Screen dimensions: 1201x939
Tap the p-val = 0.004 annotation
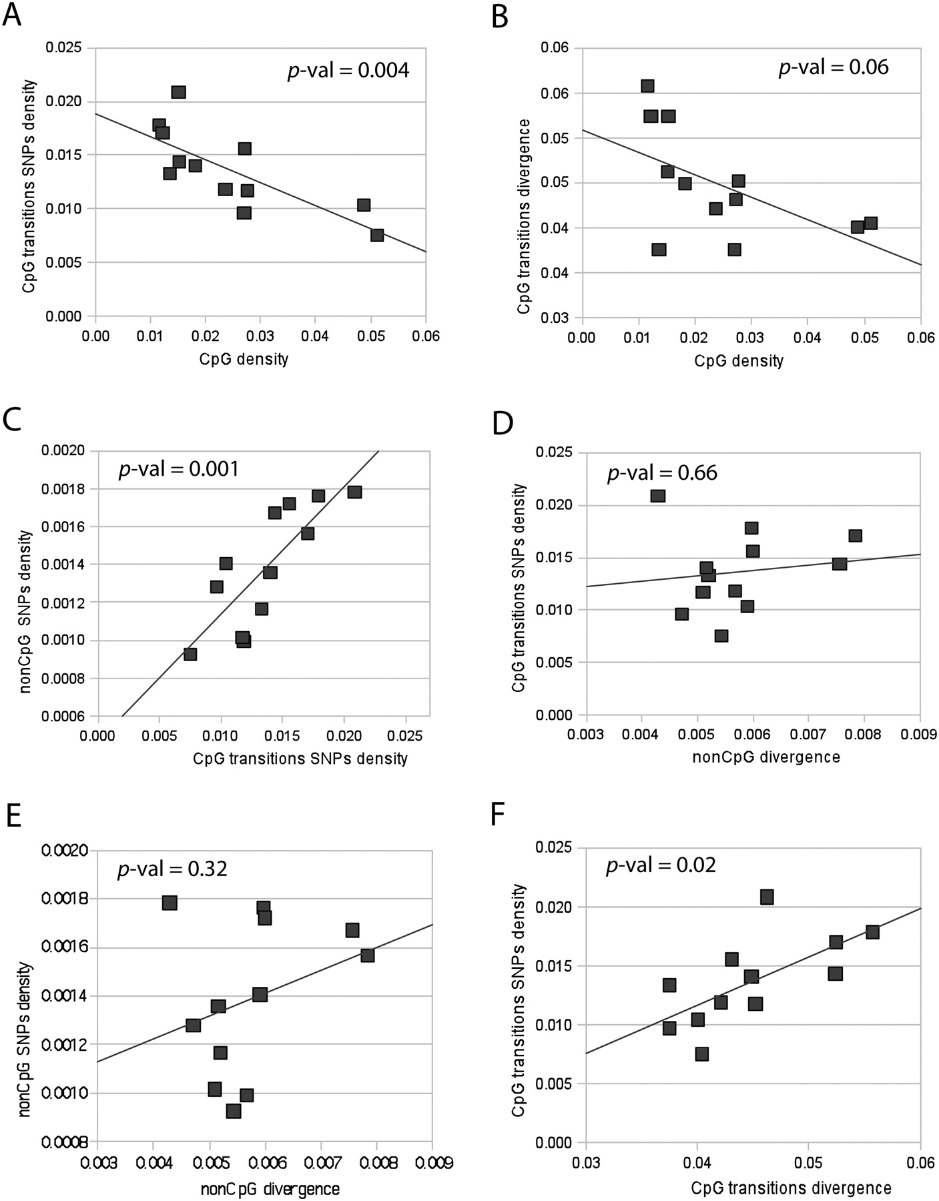point(348,70)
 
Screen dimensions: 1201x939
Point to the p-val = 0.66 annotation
point(661,473)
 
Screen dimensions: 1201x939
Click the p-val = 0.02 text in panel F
point(661,865)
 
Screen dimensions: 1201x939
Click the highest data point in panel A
point(178,92)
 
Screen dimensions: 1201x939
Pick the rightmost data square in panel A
point(377,235)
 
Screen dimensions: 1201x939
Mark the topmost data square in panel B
point(647,86)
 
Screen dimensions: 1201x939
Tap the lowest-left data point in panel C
point(190,654)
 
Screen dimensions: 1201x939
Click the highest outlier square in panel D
point(658,496)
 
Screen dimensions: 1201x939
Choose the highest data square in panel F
point(767,897)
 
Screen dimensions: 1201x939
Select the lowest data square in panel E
point(234,1111)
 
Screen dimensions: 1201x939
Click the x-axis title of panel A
point(244,359)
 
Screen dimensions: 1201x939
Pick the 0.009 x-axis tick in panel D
point(920,735)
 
